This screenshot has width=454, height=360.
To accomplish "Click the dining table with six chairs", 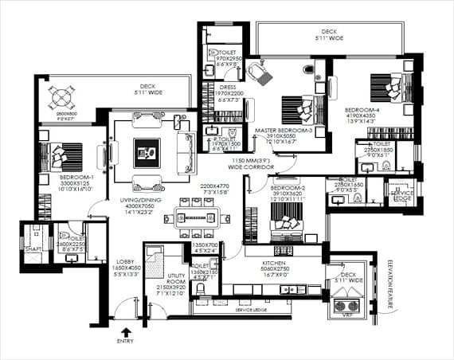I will pos(197,217).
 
